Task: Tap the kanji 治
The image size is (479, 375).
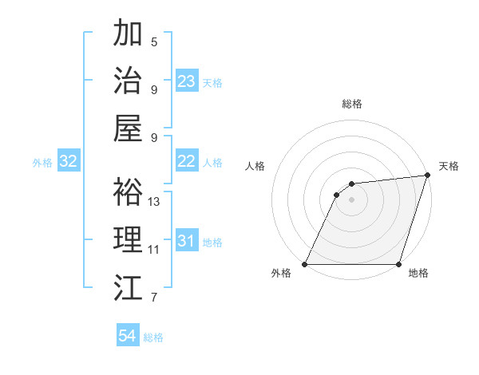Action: pyautogui.click(x=128, y=80)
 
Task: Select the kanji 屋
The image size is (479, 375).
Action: pyautogui.click(x=128, y=128)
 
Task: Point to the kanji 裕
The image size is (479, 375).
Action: pyautogui.click(x=128, y=191)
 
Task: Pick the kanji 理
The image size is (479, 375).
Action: pyautogui.click(x=128, y=239)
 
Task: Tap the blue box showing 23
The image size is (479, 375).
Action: pyautogui.click(x=187, y=81)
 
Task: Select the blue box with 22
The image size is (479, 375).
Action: pyautogui.click(x=187, y=161)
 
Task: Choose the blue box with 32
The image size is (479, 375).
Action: pyautogui.click(x=69, y=162)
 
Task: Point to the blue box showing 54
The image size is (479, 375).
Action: pyautogui.click(x=128, y=337)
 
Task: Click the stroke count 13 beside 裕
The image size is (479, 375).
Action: pyautogui.click(x=154, y=202)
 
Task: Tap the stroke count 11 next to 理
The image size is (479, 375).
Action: pyautogui.click(x=154, y=250)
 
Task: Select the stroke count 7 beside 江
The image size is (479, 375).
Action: pyautogui.click(x=154, y=298)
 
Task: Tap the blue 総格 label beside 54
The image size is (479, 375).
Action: pyautogui.click(x=153, y=337)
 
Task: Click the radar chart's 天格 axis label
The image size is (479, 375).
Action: pyautogui.click(x=449, y=167)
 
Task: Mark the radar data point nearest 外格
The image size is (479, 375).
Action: pyautogui.click(x=305, y=264)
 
